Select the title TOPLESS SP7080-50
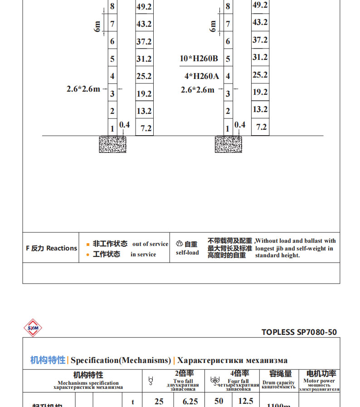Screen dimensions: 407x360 coord(299,332)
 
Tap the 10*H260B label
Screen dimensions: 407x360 coord(199,59)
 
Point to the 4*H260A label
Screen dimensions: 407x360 coord(201,76)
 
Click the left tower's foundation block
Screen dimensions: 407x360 coord(112,144)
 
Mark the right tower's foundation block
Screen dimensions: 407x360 coord(229,144)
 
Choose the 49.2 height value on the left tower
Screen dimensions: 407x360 coord(144,7)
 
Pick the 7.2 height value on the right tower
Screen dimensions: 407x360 coord(261,127)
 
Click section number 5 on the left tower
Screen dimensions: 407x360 coord(112,59)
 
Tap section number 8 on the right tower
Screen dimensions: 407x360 coord(228,6)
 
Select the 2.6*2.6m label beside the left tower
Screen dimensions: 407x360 coord(83,89)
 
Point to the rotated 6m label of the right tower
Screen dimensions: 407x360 coord(213,26)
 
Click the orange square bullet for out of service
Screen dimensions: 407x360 coord(88,244)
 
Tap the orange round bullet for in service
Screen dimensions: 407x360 coord(88,255)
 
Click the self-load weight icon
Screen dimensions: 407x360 coord(179,244)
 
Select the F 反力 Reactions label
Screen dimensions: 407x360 coord(51,248)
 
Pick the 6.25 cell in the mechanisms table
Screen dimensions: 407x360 coord(190,402)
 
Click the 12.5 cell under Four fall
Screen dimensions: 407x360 coord(245,402)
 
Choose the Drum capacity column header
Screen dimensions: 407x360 coord(278,380)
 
